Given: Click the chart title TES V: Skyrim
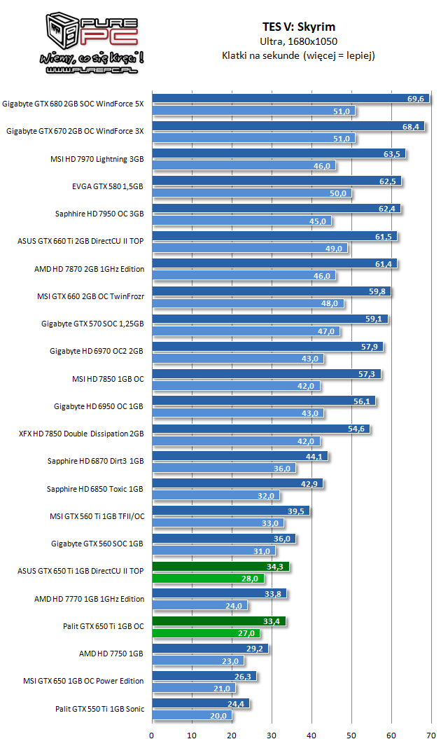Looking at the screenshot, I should coord(298,27).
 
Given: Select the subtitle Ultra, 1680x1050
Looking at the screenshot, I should coord(298,41).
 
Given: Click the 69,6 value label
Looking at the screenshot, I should coord(416,99).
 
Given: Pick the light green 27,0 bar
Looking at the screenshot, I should coord(206,633).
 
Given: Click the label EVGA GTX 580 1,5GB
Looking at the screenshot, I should coord(108,186).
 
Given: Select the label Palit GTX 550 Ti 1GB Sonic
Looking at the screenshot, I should coord(99,709).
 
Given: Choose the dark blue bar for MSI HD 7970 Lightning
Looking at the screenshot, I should coord(279,153).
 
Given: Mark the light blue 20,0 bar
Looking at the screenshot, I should coord(192,715).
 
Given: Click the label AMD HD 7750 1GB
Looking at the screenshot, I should coord(112,654).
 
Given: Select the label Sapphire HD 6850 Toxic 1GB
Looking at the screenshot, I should coord(95,489).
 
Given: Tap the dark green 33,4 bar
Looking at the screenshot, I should coord(218,621).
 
